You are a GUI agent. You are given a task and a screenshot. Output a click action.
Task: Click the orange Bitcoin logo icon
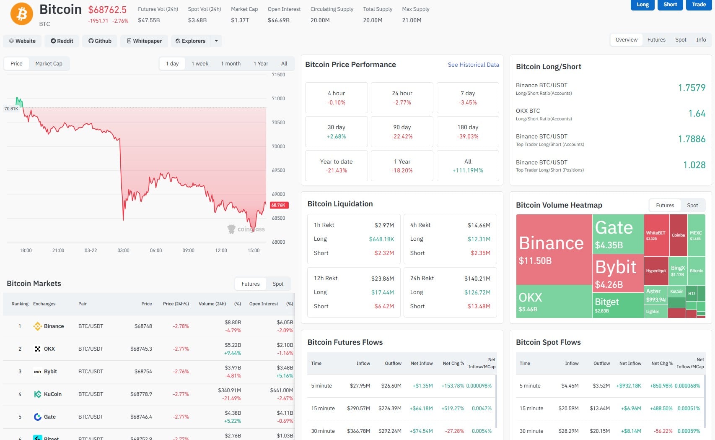(x=22, y=14)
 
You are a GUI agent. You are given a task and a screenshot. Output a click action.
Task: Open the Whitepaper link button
(x=144, y=41)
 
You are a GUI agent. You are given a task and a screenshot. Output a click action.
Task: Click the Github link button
(x=100, y=41)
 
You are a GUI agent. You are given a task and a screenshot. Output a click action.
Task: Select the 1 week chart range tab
(x=200, y=63)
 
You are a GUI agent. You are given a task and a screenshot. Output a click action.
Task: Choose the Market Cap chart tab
(x=49, y=63)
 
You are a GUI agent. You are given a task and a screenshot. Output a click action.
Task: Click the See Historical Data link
(x=473, y=65)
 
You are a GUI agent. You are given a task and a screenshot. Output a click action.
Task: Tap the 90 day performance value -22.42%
(x=402, y=136)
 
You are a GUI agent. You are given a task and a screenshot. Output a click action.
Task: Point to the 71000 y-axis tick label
(x=278, y=99)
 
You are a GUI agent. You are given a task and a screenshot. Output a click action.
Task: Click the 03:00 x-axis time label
(x=123, y=250)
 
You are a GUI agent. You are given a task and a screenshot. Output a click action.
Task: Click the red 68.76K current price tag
(x=278, y=205)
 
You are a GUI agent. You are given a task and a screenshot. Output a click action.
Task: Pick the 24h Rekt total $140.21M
(x=477, y=279)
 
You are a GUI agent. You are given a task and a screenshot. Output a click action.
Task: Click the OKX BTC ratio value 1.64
(x=697, y=113)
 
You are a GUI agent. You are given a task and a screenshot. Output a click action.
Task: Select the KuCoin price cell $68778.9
(x=141, y=394)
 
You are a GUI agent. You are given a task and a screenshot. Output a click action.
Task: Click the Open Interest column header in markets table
(x=263, y=304)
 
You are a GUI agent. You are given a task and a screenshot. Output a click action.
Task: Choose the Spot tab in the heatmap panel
(x=692, y=205)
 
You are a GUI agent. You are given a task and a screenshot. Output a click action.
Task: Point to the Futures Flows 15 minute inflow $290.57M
(x=358, y=408)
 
